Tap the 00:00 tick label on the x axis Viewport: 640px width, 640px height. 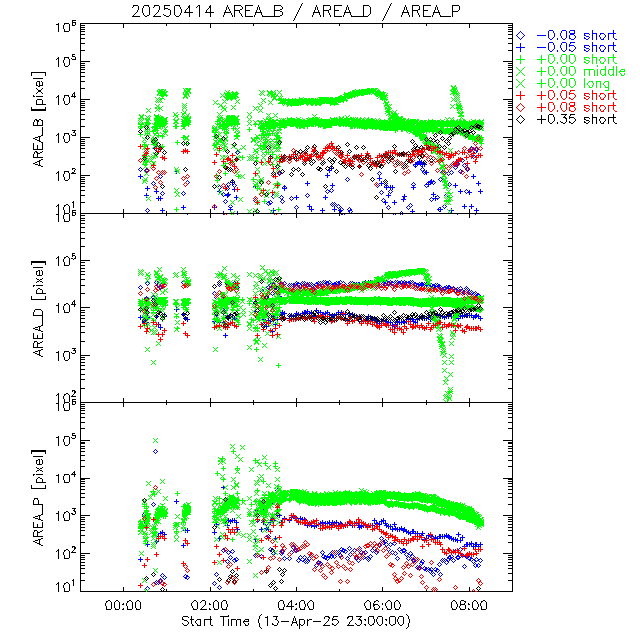[121, 605]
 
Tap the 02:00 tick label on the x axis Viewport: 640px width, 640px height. [209, 605]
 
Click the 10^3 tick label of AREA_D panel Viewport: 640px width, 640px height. [67, 356]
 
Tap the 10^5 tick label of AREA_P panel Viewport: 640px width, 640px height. [67, 440]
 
